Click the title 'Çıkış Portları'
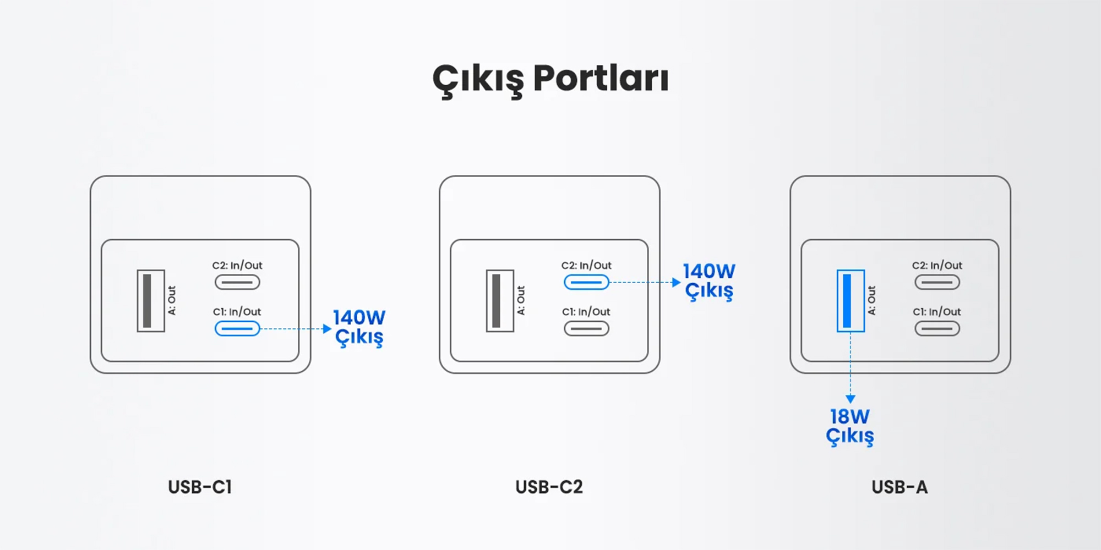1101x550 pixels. pyautogui.click(x=550, y=80)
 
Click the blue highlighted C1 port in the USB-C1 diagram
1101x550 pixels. pyautogui.click(x=237, y=328)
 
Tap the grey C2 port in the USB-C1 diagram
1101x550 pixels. pyautogui.click(x=237, y=282)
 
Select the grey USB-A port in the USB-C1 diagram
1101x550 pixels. pyautogui.click(x=151, y=301)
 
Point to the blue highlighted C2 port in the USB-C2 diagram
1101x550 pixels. pyautogui.click(x=586, y=282)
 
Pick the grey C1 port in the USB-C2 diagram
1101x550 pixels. pyautogui.click(x=586, y=328)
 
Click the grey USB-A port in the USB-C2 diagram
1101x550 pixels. pyautogui.click(x=500, y=301)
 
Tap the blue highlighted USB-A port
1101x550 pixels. pyautogui.click(x=851, y=301)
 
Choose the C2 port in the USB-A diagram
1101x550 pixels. pyautogui.click(x=937, y=282)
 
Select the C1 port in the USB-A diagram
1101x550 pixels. pyautogui.click(x=937, y=328)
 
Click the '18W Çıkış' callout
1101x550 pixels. pyautogui.click(x=850, y=427)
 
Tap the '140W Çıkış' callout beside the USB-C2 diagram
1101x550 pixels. pyautogui.click(x=709, y=281)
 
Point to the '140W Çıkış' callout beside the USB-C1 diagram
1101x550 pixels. pyautogui.click(x=359, y=328)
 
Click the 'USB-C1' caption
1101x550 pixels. pyautogui.click(x=200, y=487)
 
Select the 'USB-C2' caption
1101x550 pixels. pyautogui.click(x=549, y=487)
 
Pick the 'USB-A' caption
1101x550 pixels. pyautogui.click(x=900, y=487)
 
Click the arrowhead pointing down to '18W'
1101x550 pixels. pyautogui.click(x=851, y=399)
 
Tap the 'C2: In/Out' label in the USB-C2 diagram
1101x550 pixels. pyautogui.click(x=586, y=265)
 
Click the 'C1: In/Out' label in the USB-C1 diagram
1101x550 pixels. pyautogui.click(x=237, y=311)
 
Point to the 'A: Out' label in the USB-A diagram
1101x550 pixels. pyautogui.click(x=871, y=300)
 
